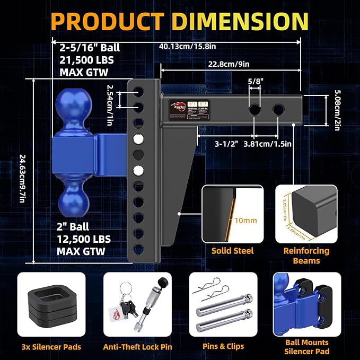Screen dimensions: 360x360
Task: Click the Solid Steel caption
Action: click(232, 250)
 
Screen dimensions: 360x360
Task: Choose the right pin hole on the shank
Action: click(278, 110)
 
